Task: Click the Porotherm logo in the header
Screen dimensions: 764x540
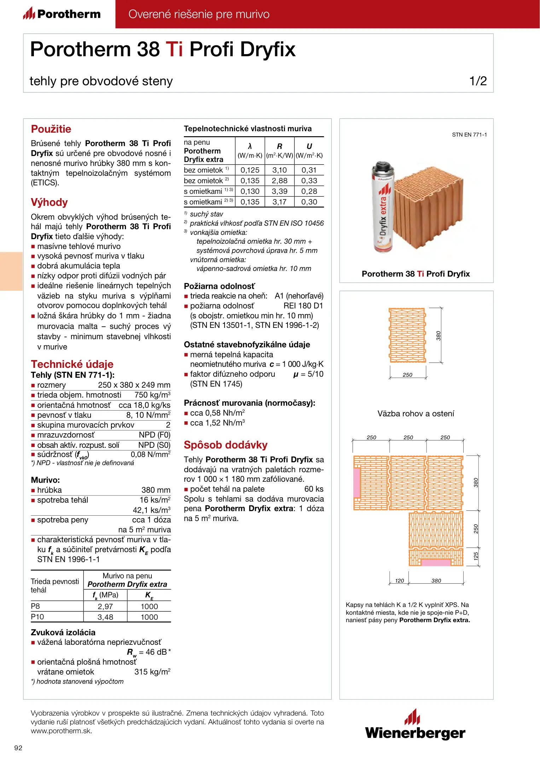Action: (62, 14)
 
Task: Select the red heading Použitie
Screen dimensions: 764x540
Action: (51, 129)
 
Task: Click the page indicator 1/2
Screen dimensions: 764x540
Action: (478, 81)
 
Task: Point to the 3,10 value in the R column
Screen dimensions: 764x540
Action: (279, 170)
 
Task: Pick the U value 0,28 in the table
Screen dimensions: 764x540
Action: (309, 191)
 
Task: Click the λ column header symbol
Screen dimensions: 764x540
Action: (250, 146)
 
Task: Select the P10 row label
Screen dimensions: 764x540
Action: (37, 617)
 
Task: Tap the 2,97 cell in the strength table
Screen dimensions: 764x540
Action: (105, 606)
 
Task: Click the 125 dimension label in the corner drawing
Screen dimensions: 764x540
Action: (476, 556)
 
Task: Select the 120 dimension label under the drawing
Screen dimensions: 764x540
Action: (400, 581)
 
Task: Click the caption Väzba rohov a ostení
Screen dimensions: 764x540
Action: (416, 413)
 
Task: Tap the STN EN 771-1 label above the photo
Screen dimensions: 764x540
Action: (469, 135)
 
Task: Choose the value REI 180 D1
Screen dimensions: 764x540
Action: (303, 306)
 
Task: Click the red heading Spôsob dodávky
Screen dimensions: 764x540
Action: (226, 445)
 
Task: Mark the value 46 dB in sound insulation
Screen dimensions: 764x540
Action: (156, 652)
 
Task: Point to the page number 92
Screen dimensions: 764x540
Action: (18, 748)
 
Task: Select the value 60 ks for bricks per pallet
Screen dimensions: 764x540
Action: (314, 489)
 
